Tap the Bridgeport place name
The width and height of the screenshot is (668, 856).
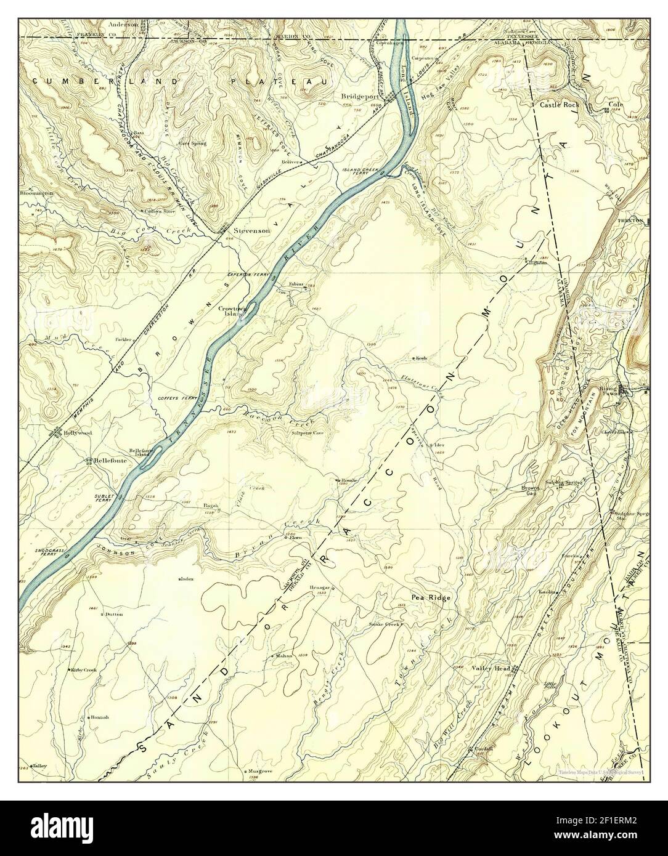click(x=360, y=97)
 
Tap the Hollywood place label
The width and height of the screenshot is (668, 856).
click(x=77, y=433)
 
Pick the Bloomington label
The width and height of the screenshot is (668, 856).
click(x=36, y=193)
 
